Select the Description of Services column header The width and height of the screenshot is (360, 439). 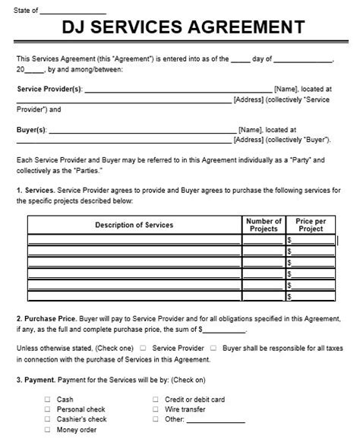[x=134, y=225]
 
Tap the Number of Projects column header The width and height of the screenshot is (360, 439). [x=264, y=225]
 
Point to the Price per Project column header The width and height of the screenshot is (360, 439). [x=311, y=225]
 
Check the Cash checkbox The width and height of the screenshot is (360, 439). [x=49, y=399]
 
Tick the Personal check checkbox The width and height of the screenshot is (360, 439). [x=49, y=409]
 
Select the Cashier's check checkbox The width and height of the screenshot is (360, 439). [x=49, y=418]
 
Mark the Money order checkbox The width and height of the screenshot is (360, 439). [x=49, y=429]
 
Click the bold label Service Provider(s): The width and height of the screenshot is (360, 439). [x=51, y=89]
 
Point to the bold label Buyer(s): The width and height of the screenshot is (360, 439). [x=32, y=130]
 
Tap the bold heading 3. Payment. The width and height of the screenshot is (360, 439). [x=36, y=380]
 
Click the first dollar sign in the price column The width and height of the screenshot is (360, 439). [x=289, y=240]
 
